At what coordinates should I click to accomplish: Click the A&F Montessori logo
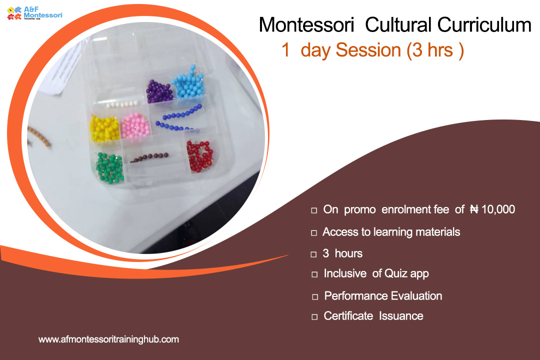(34, 13)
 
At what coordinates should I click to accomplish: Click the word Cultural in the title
(398, 25)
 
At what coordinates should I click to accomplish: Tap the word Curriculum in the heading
(484, 25)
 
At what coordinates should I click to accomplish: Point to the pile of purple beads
(159, 91)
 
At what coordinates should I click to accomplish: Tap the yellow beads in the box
(104, 129)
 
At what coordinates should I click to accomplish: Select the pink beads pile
(135, 125)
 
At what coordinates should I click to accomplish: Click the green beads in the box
(110, 167)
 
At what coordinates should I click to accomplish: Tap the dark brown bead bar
(149, 158)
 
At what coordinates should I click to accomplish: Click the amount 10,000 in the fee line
(498, 209)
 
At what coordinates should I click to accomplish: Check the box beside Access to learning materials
(314, 233)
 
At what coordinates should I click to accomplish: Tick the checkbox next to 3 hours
(313, 254)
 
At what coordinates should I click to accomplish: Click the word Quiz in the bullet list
(395, 273)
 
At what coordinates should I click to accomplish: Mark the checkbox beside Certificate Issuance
(314, 317)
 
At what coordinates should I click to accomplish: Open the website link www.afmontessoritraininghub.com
(109, 339)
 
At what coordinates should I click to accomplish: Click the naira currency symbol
(474, 209)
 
